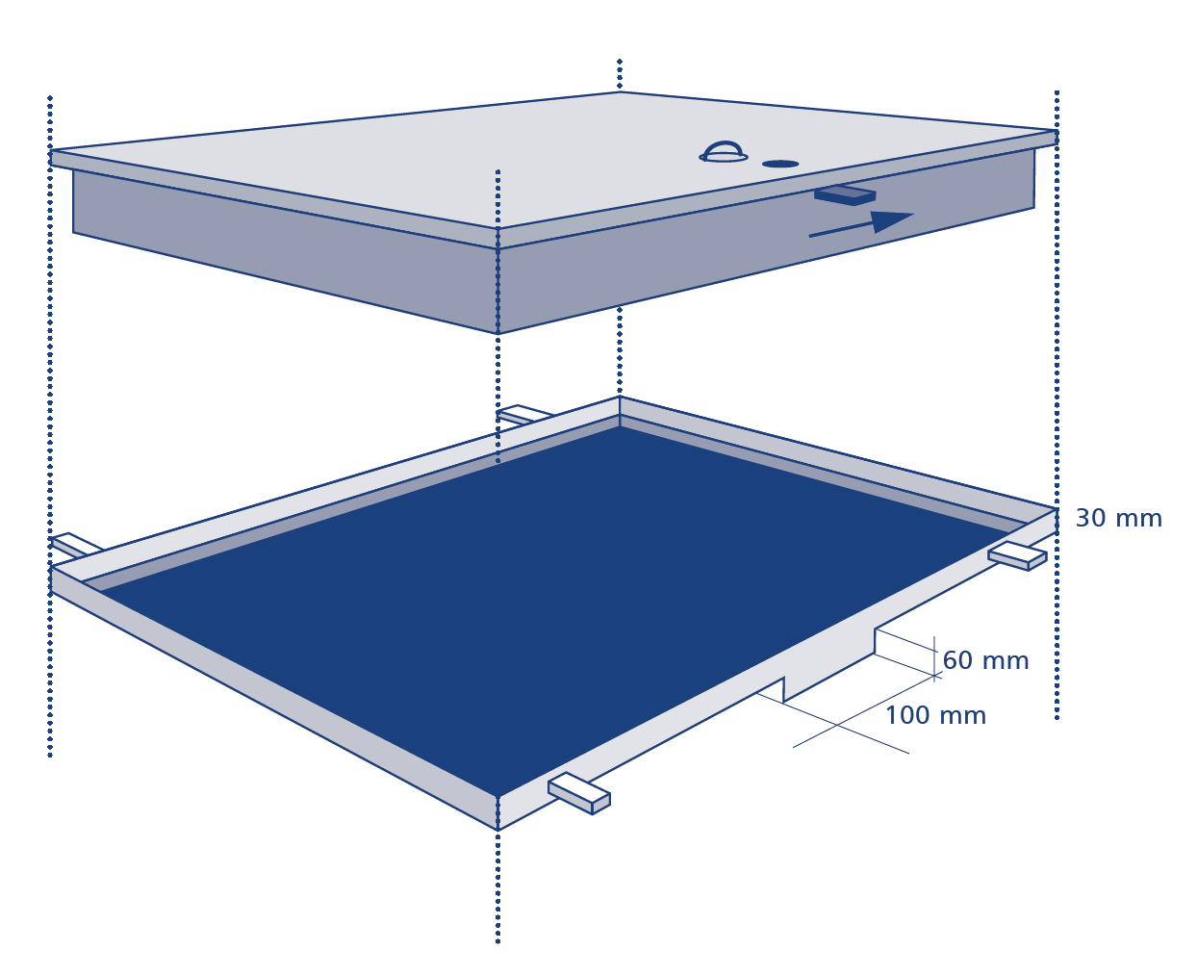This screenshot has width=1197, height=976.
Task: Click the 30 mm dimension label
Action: click(x=1118, y=519)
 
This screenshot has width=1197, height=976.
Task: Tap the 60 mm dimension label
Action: click(x=985, y=660)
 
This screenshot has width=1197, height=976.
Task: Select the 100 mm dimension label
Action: click(x=935, y=716)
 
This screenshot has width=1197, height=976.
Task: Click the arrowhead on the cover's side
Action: click(x=891, y=221)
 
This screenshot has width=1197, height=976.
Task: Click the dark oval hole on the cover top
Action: click(x=780, y=164)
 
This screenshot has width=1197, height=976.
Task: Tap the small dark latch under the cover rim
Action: click(x=845, y=195)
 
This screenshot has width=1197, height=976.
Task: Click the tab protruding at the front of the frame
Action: click(x=579, y=793)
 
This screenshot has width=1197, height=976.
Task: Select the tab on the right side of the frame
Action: click(x=1018, y=556)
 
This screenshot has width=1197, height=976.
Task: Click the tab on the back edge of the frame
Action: click(x=523, y=414)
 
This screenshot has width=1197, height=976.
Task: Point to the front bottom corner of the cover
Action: click(x=497, y=334)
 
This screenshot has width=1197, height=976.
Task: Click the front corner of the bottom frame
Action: click(x=497, y=830)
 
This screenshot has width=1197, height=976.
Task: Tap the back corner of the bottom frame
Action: click(x=620, y=397)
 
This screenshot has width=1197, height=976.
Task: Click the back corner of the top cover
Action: click(x=620, y=91)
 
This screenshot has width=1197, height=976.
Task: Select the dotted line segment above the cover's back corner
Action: click(x=620, y=74)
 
